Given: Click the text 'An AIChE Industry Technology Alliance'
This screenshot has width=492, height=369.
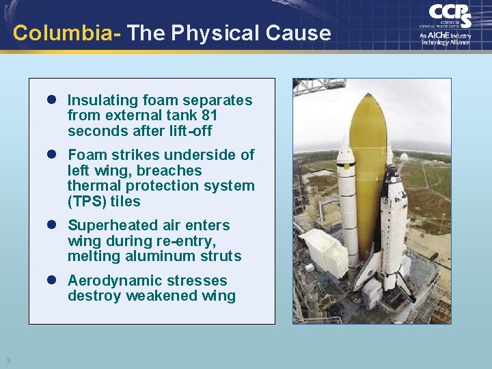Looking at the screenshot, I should [x=445, y=38].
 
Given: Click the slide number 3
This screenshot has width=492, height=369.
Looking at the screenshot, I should [x=9, y=360].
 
